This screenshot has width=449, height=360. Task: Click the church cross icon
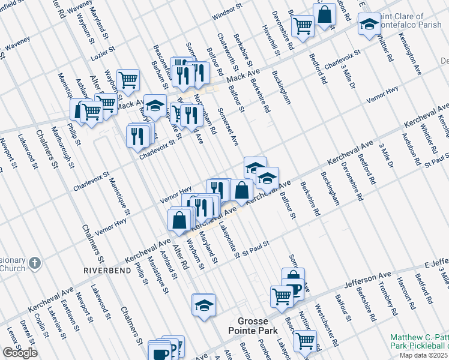(35, 263)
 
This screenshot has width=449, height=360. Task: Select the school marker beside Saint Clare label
(369, 25)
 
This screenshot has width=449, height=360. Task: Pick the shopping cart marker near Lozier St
(128, 79)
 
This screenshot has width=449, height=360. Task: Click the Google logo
(20, 353)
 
